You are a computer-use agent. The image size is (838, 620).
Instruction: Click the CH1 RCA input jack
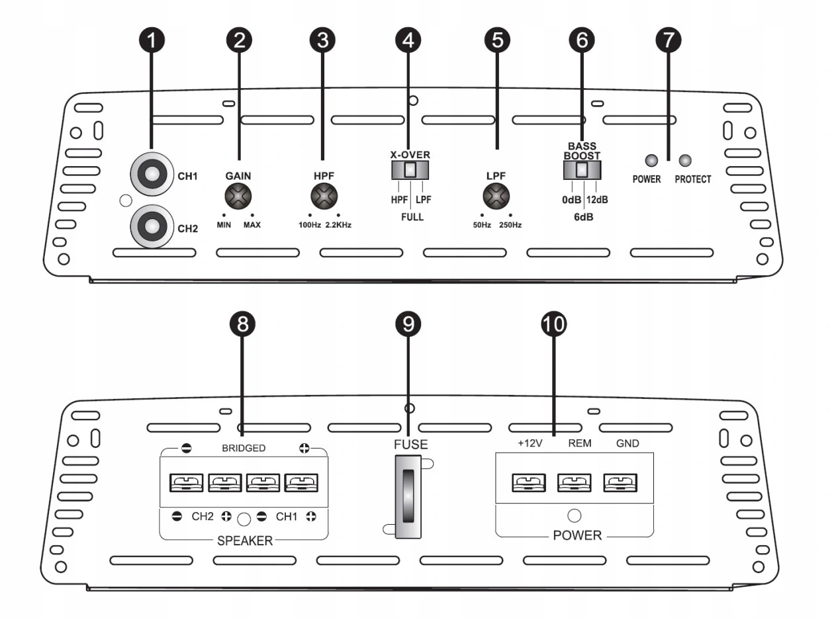click(x=152, y=174)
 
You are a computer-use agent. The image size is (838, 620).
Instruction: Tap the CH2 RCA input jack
click(x=152, y=226)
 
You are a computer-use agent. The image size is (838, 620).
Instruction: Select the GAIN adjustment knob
click(x=238, y=196)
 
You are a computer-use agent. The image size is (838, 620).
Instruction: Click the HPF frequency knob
click(x=324, y=196)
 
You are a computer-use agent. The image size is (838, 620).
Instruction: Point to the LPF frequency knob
click(x=496, y=196)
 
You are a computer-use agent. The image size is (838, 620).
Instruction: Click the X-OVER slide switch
click(x=410, y=170)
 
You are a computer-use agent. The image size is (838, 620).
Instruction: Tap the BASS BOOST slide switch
click(x=582, y=170)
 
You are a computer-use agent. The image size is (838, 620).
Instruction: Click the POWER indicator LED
click(x=651, y=161)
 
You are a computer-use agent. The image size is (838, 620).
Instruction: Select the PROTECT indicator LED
click(x=685, y=161)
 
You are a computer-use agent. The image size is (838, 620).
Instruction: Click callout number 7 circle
click(x=669, y=40)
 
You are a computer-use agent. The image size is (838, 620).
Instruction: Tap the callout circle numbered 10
click(x=553, y=324)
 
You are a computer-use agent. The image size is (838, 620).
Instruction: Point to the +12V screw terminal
click(x=529, y=482)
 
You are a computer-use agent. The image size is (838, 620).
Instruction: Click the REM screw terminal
click(x=575, y=482)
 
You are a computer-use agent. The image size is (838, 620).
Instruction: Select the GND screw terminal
click(x=620, y=482)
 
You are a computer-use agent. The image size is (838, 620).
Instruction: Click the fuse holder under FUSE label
click(x=408, y=496)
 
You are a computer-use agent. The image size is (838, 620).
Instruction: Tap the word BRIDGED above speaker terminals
click(x=244, y=448)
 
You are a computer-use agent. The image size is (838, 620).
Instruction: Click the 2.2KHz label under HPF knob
click(x=338, y=225)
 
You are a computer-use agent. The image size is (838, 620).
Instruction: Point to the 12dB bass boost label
click(x=597, y=199)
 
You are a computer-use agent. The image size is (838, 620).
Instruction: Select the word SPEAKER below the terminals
click(x=245, y=541)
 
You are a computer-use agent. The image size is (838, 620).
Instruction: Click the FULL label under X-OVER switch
click(x=412, y=217)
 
